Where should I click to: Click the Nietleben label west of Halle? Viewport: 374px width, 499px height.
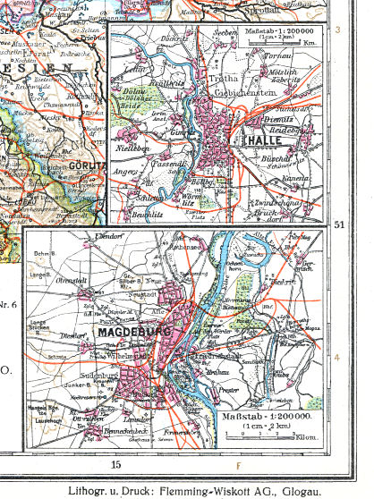point(132,148)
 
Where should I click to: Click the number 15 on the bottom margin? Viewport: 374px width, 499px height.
point(115,464)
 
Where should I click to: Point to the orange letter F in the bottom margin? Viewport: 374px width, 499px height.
point(238,465)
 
